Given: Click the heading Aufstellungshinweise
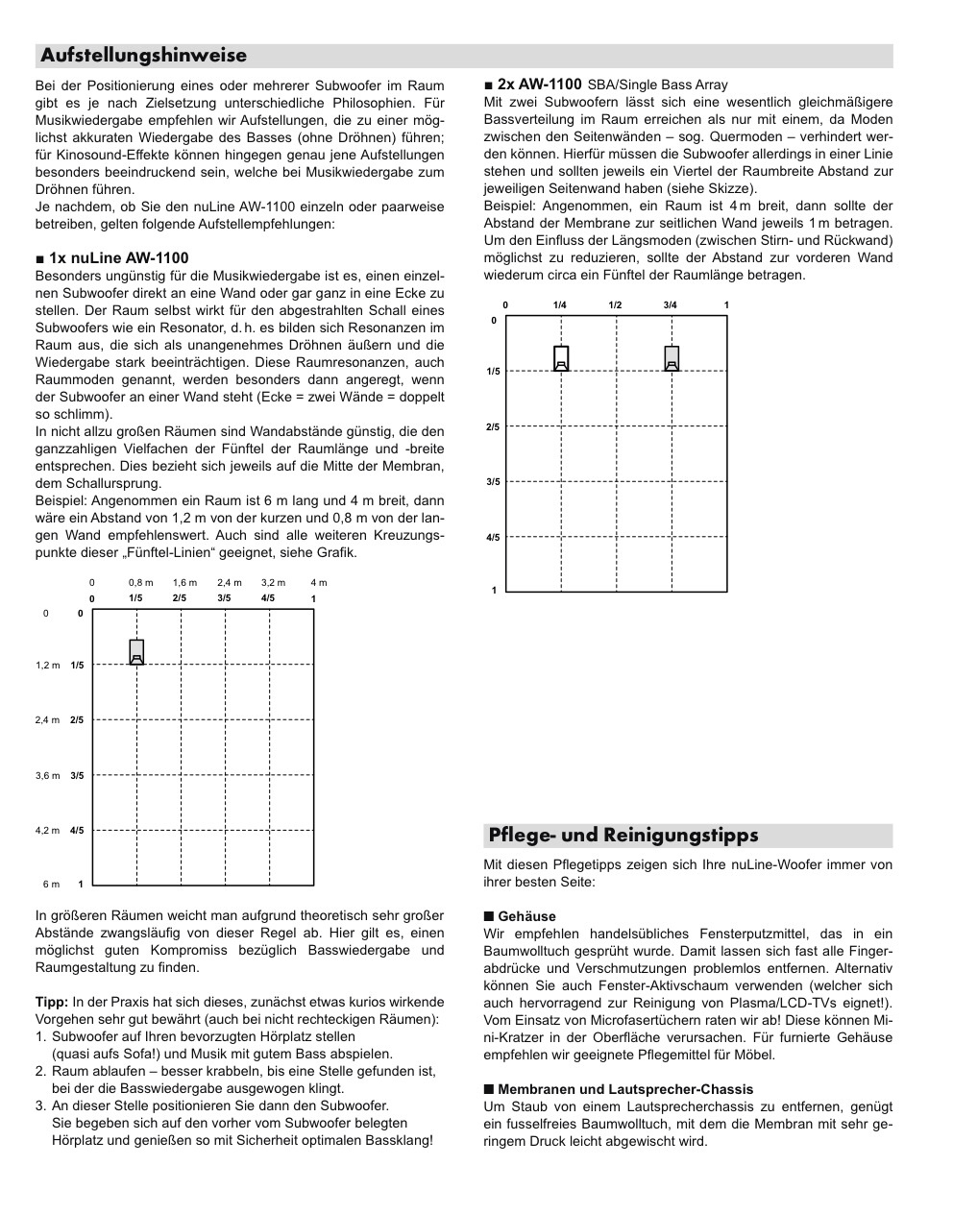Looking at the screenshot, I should point(143,56).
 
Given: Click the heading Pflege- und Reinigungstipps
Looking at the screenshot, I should point(623,835).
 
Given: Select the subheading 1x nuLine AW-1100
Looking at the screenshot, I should point(118,257).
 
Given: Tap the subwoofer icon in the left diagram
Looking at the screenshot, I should point(136,652).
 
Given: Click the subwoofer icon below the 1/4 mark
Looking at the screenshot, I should point(561,358).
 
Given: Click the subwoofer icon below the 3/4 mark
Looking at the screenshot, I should point(672,358).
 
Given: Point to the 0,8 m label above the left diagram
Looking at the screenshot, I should point(140,582).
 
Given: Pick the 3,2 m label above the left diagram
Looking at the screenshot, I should point(274,582).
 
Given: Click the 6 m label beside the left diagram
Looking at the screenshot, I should point(51,884).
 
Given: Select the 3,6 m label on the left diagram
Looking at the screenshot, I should point(48,775).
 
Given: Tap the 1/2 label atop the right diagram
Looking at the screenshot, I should point(615,305).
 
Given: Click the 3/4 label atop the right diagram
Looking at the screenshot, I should point(670,305).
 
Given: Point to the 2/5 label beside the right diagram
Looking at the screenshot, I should point(493,426).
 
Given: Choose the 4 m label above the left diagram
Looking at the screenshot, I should point(318,582).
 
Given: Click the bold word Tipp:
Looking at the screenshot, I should point(52,1002).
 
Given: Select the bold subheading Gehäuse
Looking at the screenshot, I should point(526,916).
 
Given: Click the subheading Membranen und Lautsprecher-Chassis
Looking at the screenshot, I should point(625,1089).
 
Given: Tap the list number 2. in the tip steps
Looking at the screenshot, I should point(41,1071).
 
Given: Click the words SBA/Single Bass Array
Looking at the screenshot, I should point(658,85).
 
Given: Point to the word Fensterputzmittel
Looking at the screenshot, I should point(754,934).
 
